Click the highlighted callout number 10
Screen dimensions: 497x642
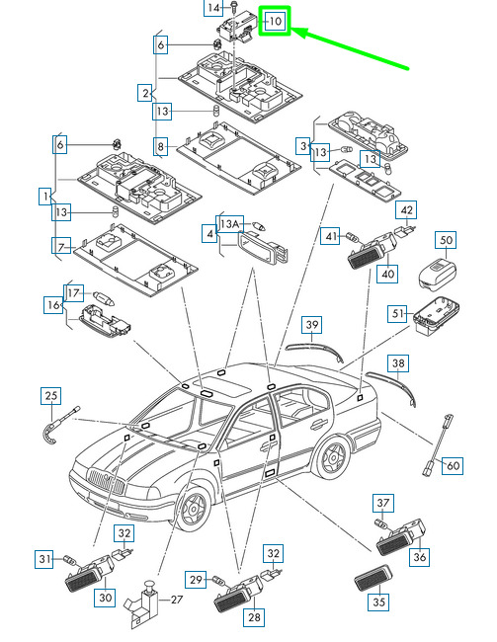click(x=275, y=21)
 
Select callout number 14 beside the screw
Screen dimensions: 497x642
click(x=213, y=7)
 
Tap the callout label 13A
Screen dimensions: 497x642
click(x=230, y=224)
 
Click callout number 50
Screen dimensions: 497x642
click(x=446, y=240)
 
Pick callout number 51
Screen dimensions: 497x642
click(x=398, y=314)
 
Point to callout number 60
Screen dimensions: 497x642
click(x=453, y=465)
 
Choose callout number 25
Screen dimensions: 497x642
click(x=51, y=396)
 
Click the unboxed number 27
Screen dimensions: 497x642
click(x=177, y=600)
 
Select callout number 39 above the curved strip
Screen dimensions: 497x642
click(x=312, y=325)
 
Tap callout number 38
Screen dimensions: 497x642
click(x=398, y=363)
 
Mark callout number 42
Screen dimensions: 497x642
click(x=406, y=210)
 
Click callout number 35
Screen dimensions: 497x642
click(x=378, y=602)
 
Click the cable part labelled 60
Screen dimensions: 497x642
click(x=438, y=445)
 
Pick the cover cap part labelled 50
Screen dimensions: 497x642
click(x=437, y=275)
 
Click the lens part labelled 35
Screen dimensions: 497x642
click(x=373, y=578)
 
